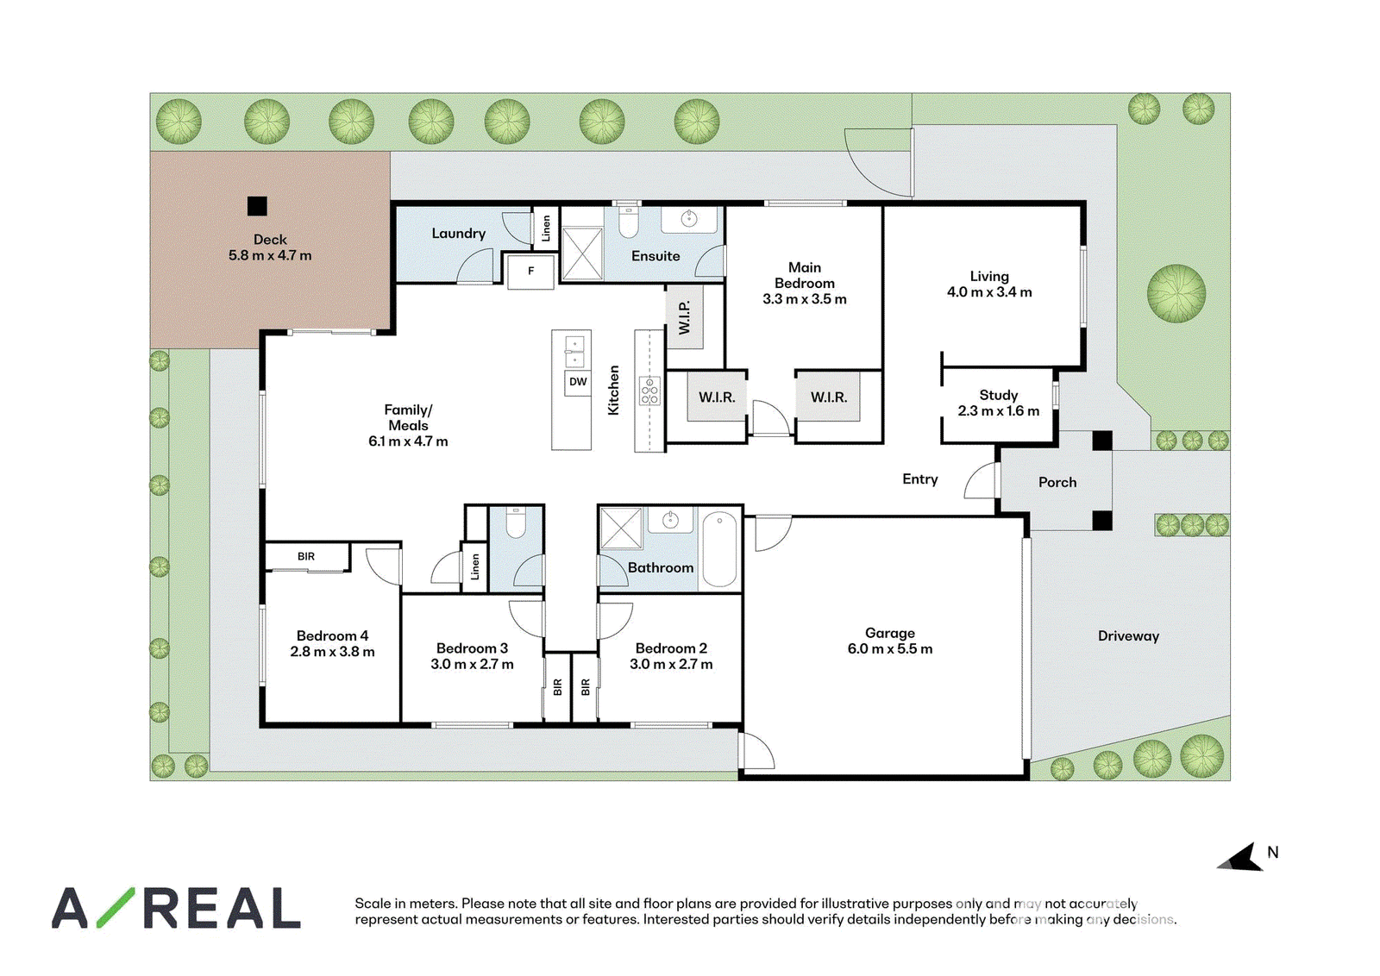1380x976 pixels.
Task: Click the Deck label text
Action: tap(270, 240)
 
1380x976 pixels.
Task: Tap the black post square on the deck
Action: tap(257, 206)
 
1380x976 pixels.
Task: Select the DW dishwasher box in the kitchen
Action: tap(578, 383)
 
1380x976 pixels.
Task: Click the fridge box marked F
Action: tap(530, 272)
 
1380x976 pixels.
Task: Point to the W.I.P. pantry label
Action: tap(684, 318)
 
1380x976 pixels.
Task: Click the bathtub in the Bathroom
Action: tap(719, 549)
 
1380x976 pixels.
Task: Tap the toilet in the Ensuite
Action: tap(628, 222)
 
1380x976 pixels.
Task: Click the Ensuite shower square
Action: tap(582, 254)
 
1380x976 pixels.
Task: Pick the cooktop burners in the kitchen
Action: tap(649, 391)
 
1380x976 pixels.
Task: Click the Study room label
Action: tap(998, 396)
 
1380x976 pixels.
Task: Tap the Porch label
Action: tap(1057, 482)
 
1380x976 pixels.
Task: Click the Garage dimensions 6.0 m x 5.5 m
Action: tap(889, 649)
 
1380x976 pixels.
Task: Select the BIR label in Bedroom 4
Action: tap(306, 557)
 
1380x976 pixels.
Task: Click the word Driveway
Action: tap(1128, 636)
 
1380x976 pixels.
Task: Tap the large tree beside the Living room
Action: tap(1176, 294)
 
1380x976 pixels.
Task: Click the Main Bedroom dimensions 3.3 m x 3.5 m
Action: tap(804, 299)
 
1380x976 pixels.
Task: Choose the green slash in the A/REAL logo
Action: tap(116, 908)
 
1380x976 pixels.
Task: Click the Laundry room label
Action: tap(458, 234)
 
